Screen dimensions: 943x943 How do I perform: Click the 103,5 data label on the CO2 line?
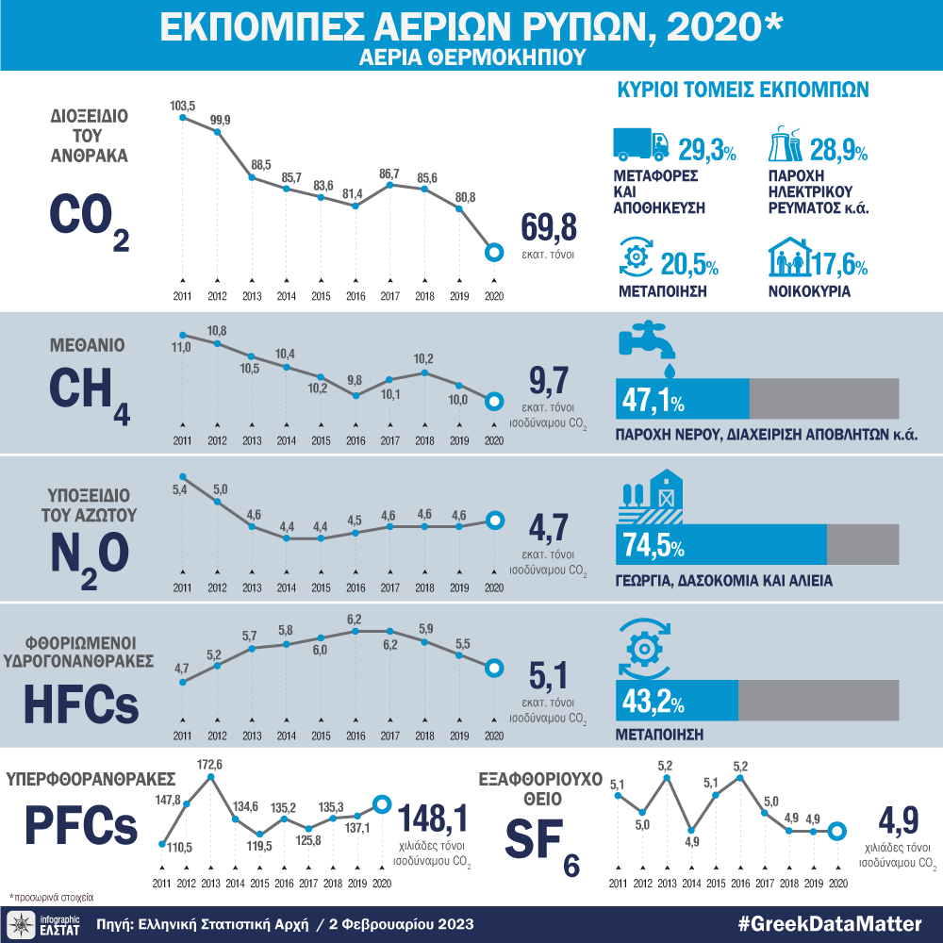182,107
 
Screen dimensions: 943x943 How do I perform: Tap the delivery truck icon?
641,144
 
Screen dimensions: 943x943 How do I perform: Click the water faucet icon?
645,344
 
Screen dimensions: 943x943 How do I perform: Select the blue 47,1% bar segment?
682,398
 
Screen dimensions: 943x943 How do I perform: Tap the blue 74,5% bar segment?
720,544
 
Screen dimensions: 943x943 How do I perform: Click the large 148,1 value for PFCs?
434,817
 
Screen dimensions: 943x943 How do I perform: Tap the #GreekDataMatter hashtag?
830,923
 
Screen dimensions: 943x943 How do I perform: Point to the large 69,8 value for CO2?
548,228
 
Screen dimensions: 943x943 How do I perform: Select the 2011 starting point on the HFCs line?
182,682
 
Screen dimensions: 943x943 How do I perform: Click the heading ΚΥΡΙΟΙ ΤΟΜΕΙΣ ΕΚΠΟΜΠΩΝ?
742,91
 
